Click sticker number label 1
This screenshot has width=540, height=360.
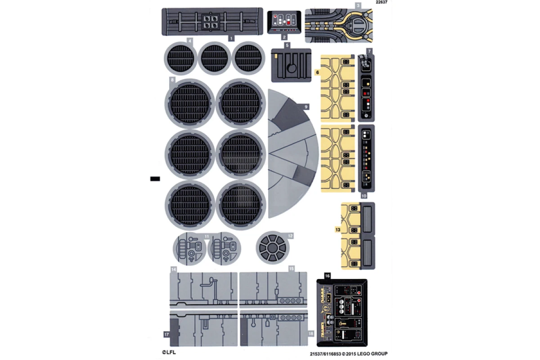[x=231, y=38]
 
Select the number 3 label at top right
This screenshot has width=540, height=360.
[x=358, y=5]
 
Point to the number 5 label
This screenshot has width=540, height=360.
[x=287, y=45]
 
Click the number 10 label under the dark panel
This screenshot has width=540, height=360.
[x=364, y=196]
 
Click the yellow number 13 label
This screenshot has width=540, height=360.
[x=338, y=229]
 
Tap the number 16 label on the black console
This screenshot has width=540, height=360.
[x=327, y=275]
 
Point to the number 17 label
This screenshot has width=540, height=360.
[x=166, y=334]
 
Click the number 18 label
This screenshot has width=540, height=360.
[x=311, y=333]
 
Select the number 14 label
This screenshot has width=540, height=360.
[x=173, y=269]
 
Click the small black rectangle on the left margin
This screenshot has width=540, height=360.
[x=155, y=179]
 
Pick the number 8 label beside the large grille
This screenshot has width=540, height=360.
[x=172, y=80]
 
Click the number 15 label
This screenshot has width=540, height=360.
[x=292, y=269]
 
